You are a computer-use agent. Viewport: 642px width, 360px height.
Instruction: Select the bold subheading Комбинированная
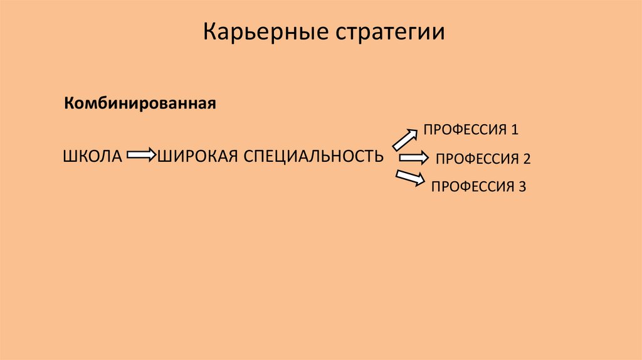(x=140, y=102)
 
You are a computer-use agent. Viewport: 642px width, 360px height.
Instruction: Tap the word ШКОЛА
(x=92, y=155)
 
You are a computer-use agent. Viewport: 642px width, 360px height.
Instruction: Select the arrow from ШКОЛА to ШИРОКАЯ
(x=141, y=154)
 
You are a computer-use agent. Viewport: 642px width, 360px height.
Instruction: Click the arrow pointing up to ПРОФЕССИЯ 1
(x=404, y=139)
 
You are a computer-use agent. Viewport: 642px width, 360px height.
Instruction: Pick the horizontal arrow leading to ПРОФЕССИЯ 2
(x=414, y=157)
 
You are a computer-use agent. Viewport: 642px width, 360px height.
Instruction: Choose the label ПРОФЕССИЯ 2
(x=483, y=159)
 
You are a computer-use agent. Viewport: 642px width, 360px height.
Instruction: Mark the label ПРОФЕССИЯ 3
(x=478, y=186)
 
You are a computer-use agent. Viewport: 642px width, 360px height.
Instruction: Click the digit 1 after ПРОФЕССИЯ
(x=515, y=130)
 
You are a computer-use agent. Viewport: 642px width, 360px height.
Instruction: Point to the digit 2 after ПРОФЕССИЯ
(x=527, y=159)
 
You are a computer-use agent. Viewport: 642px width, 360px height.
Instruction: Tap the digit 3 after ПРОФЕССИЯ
(x=522, y=186)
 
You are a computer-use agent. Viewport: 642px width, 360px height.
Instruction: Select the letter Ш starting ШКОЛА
(x=68, y=155)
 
